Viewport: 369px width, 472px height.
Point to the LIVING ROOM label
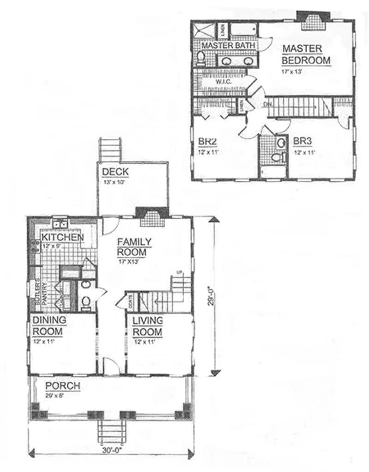coord(148,326)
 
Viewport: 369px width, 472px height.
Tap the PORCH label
coord(63,386)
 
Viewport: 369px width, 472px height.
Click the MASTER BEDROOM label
coord(306,54)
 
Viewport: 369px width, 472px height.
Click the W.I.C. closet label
coord(220,81)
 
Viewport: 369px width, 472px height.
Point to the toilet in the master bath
coord(201,58)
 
